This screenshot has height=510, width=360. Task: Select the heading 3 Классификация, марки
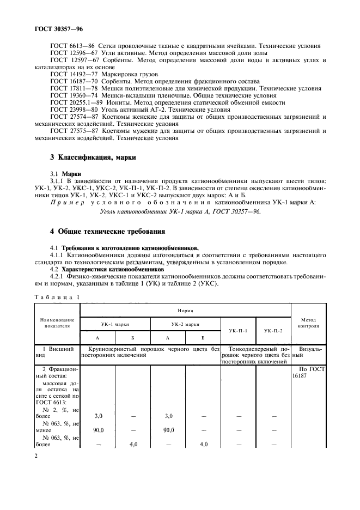[x=93, y=158]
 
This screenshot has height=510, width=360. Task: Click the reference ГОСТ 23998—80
[x=69, y=108]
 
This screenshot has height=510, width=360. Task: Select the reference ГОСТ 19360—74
[x=69, y=94]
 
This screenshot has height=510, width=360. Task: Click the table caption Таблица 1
[x=56, y=297]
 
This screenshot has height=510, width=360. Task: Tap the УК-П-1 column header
[x=239, y=331]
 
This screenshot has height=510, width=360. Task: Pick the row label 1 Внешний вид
[x=57, y=351]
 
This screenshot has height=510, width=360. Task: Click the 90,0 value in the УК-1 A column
[x=97, y=430]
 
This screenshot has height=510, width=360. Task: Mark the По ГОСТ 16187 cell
[x=308, y=372]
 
